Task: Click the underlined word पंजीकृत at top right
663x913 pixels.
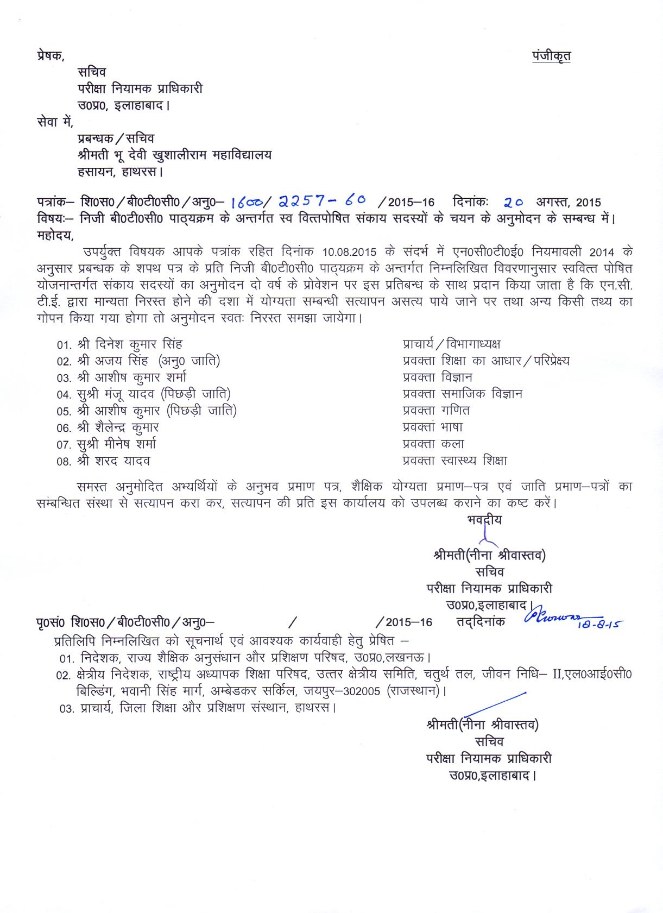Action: click(551, 56)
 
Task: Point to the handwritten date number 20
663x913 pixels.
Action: click(513, 202)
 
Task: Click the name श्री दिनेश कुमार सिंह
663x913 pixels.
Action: click(130, 344)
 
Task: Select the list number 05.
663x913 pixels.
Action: click(64, 412)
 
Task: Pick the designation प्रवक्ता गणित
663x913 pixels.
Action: click(436, 411)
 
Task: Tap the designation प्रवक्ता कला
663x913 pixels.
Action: click(433, 444)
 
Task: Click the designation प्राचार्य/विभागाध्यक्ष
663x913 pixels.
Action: click(451, 344)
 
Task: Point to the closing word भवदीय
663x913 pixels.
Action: click(484, 520)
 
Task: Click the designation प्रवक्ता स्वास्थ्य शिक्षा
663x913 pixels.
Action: click(454, 461)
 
